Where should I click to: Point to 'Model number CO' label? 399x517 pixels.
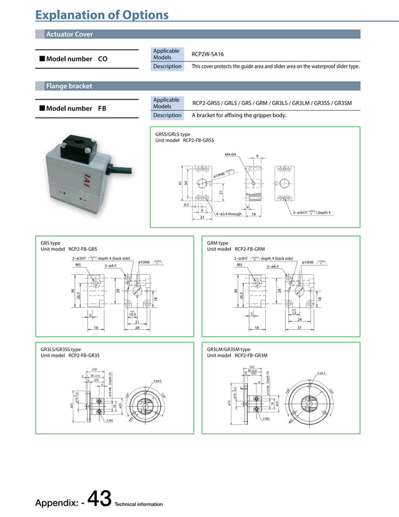point(73,59)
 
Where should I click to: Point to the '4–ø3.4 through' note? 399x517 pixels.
point(228,214)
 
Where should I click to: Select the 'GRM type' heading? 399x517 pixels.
point(218,243)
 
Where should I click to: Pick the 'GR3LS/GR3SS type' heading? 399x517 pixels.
point(61,349)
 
